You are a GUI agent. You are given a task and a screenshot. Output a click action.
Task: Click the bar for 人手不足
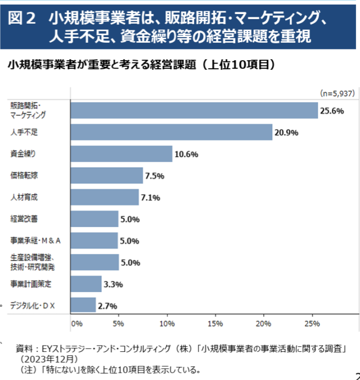point(171,132)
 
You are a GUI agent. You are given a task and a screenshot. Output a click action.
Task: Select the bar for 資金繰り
point(121,154)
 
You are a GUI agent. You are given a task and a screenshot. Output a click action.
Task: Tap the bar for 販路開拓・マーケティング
point(194,110)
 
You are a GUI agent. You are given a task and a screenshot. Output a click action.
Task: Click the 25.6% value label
point(332,111)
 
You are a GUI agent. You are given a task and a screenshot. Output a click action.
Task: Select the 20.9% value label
point(286,133)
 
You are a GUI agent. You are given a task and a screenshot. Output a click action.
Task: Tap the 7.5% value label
point(154,176)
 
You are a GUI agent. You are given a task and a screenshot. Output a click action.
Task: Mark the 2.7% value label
point(107,306)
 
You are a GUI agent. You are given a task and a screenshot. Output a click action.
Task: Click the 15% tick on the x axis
point(215,324)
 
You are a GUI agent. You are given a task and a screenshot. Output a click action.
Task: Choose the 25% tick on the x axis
point(312,324)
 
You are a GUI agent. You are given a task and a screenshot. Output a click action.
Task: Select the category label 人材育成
point(25,197)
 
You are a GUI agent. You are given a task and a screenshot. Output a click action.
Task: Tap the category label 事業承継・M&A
point(35,240)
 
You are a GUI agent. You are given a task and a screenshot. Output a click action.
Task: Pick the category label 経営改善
point(25,218)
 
